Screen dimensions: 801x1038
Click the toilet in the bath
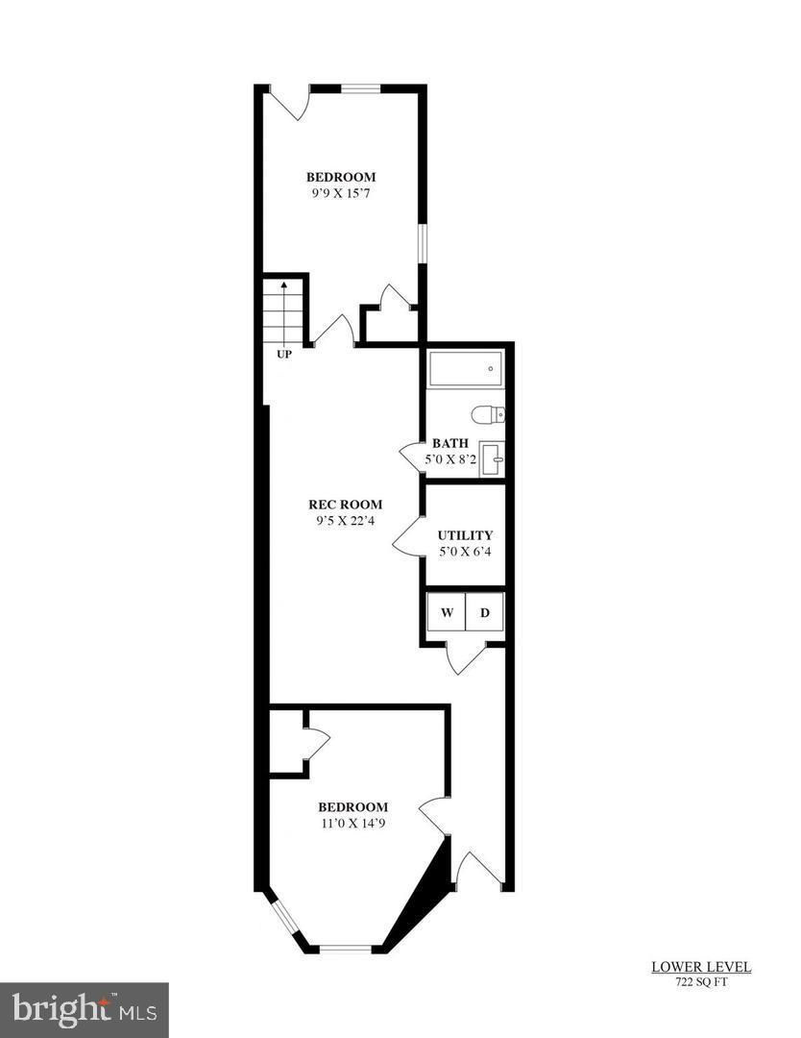pos(488,415)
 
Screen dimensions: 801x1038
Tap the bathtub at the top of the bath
pos(466,369)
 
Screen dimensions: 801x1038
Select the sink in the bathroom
pos(493,458)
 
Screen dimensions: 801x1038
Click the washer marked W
pos(447,612)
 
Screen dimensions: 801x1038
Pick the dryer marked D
pos(485,612)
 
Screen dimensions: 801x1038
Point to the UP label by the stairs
pos(283,355)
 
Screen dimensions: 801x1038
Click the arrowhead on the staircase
pos(283,285)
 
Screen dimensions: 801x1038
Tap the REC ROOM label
pos(345,505)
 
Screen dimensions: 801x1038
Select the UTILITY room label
pos(465,535)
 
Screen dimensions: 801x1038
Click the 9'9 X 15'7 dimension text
pos(341,193)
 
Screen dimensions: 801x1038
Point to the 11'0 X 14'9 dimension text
pos(352,824)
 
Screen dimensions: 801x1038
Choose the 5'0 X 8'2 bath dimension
pos(450,458)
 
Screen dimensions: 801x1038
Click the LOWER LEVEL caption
pos(701,967)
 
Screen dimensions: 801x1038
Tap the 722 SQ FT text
pos(701,981)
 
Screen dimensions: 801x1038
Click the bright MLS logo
pos(84,1010)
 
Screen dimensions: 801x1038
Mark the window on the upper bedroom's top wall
pos(360,88)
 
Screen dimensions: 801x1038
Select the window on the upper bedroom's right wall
pos(421,244)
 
